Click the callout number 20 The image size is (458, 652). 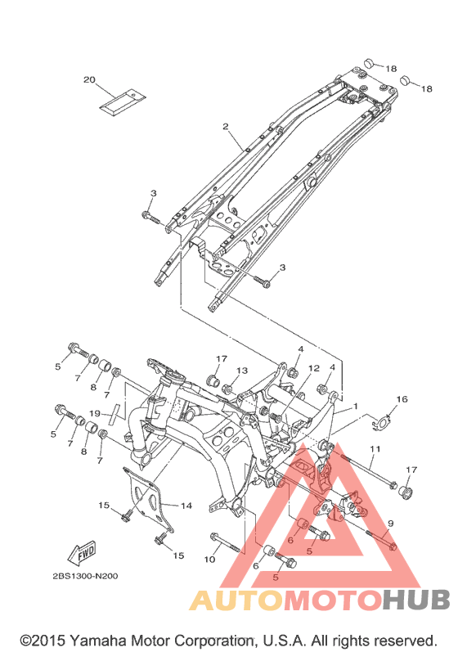coord(89,79)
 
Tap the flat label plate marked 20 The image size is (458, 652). coord(123,101)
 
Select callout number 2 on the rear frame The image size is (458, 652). coord(225,126)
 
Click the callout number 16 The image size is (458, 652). coord(402,399)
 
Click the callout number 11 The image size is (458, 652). coord(375,449)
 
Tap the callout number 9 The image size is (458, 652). coord(390,523)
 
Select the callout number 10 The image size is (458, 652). coord(209,560)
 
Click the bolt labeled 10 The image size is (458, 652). coord(226,542)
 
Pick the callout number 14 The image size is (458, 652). coord(186,506)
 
